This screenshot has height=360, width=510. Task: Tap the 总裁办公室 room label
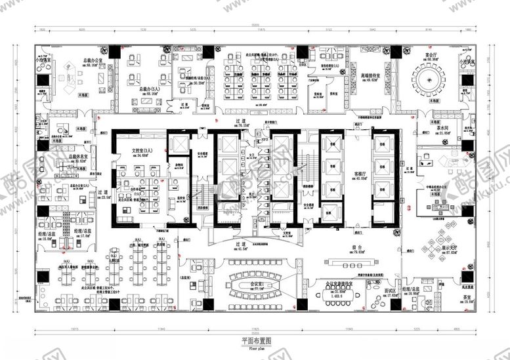[x=94, y=60]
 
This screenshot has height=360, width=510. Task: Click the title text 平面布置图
[x=255, y=341]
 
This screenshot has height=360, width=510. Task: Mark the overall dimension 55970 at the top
[x=255, y=25]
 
